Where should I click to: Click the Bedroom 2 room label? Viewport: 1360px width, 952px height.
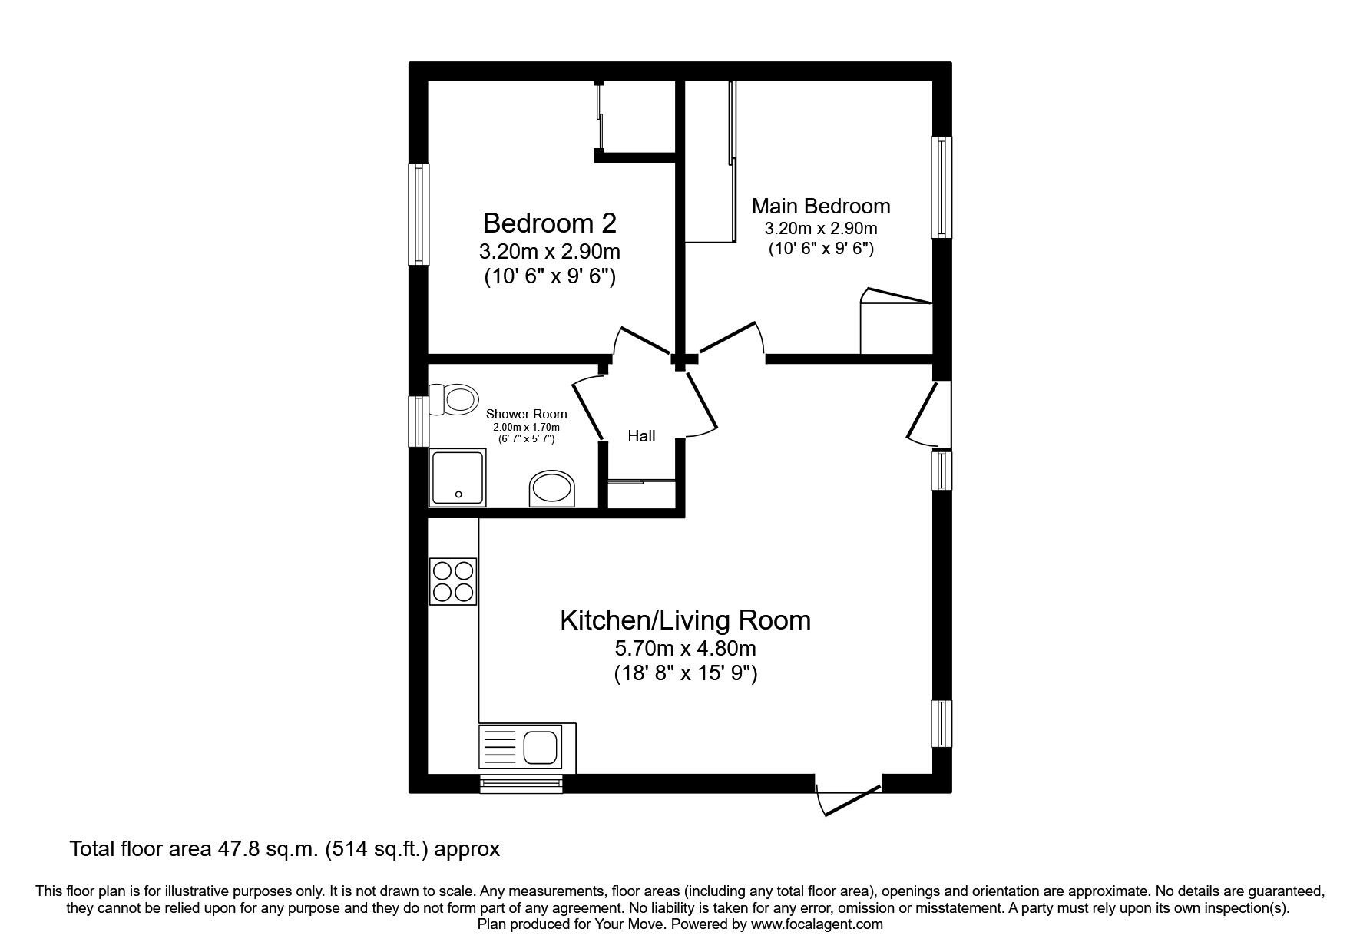(549, 223)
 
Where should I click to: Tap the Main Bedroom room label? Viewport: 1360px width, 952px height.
(821, 206)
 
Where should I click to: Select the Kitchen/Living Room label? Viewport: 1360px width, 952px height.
(685, 620)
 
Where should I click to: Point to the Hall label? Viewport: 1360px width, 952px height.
(641, 436)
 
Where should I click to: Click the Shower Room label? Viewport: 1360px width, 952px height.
(527, 414)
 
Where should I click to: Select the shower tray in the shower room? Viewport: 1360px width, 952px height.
(458, 478)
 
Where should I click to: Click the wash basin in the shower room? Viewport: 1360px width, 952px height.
(552, 489)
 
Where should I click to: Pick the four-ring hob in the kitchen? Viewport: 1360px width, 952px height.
(453, 581)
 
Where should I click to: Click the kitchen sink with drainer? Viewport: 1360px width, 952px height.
(527, 747)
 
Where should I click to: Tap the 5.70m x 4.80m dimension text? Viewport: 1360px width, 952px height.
(686, 650)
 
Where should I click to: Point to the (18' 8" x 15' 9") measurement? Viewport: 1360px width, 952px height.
(686, 675)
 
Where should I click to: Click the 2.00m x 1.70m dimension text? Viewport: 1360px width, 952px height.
(526, 428)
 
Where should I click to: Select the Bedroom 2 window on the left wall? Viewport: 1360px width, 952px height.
(419, 214)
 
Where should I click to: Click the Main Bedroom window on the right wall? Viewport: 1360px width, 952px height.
(941, 187)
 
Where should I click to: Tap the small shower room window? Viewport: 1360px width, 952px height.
(419, 421)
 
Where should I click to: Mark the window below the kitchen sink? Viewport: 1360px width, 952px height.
(521, 782)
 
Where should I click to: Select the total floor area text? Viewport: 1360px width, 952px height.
(285, 849)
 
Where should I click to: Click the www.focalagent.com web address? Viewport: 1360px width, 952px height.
(817, 925)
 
